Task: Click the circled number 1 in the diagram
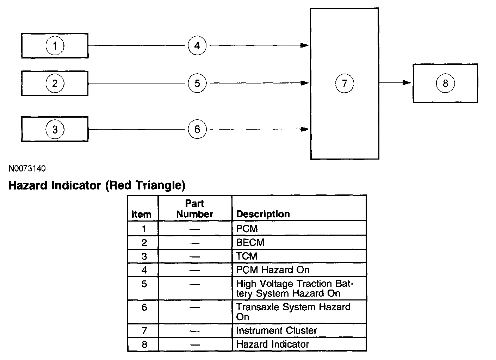(55, 46)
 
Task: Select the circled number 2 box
(55, 83)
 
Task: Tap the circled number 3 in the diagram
(55, 129)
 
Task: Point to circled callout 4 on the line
(197, 45)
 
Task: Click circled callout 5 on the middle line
(197, 83)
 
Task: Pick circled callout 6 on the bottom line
(197, 129)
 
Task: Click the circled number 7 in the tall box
(345, 83)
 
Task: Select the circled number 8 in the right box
(445, 83)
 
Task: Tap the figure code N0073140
(27, 169)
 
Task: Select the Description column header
(263, 214)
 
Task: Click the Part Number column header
(194, 209)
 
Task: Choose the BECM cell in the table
(250, 242)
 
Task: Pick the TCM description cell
(247, 256)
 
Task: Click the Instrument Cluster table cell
(277, 330)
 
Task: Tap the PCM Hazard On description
(273, 270)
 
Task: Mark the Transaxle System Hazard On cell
(293, 312)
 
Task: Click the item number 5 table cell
(144, 284)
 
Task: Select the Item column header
(141, 214)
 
